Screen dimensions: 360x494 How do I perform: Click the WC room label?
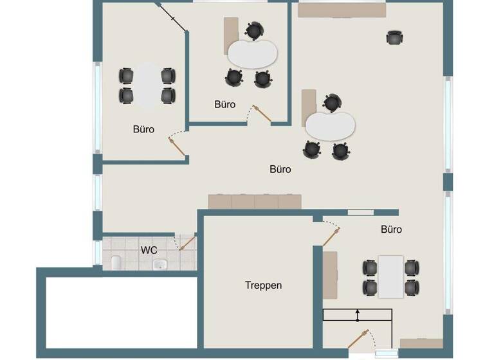click(x=149, y=249)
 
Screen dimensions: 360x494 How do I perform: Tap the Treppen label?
click(x=263, y=285)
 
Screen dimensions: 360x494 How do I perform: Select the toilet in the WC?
click(x=116, y=262)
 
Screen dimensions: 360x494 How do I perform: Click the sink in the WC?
click(x=163, y=264)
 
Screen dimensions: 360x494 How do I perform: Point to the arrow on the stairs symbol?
click(x=358, y=314)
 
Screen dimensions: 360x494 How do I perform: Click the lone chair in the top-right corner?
click(x=395, y=38)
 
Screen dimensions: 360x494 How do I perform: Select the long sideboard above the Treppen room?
click(x=255, y=201)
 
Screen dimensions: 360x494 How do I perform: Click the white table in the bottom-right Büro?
click(x=390, y=277)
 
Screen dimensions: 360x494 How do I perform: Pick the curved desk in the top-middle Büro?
click(x=252, y=54)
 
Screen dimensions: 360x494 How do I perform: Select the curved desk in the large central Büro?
click(x=331, y=125)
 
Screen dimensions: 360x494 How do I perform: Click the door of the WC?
click(x=187, y=242)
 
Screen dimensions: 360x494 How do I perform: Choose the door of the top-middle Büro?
click(x=262, y=114)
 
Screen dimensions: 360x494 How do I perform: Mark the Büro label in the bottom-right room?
click(x=391, y=229)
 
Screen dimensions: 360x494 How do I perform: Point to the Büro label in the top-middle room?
click(x=224, y=104)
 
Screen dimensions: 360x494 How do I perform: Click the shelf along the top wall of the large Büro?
click(x=342, y=10)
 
